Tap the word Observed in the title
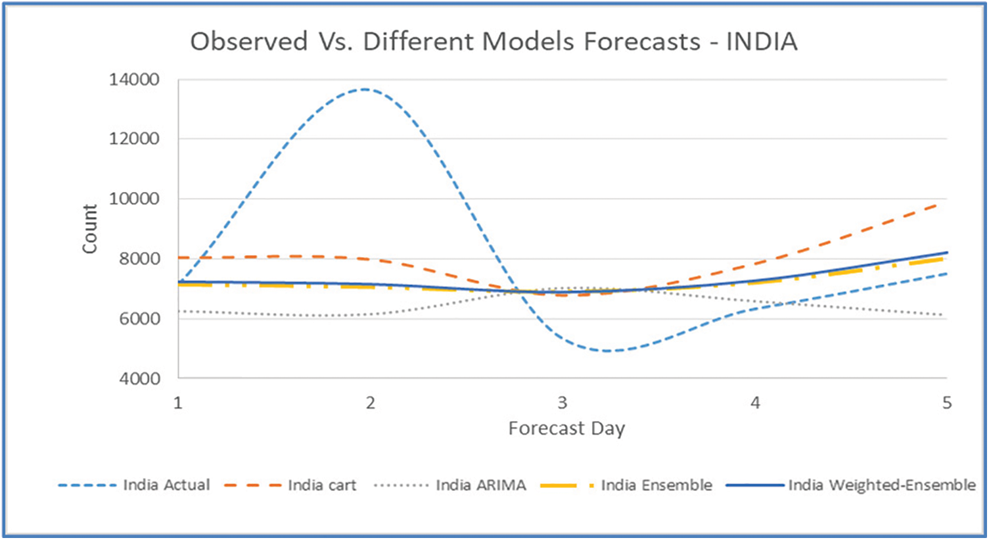(x=248, y=41)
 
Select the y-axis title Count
(x=89, y=228)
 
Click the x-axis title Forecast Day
(x=566, y=429)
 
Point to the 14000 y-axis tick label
(x=134, y=80)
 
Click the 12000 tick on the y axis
(x=134, y=139)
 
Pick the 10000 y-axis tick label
(x=134, y=199)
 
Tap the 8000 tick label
(x=139, y=258)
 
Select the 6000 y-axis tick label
(x=139, y=318)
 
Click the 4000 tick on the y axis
(x=139, y=378)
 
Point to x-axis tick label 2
(x=371, y=403)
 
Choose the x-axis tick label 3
(x=563, y=403)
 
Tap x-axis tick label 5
(x=946, y=403)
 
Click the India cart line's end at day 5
(x=945, y=203)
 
